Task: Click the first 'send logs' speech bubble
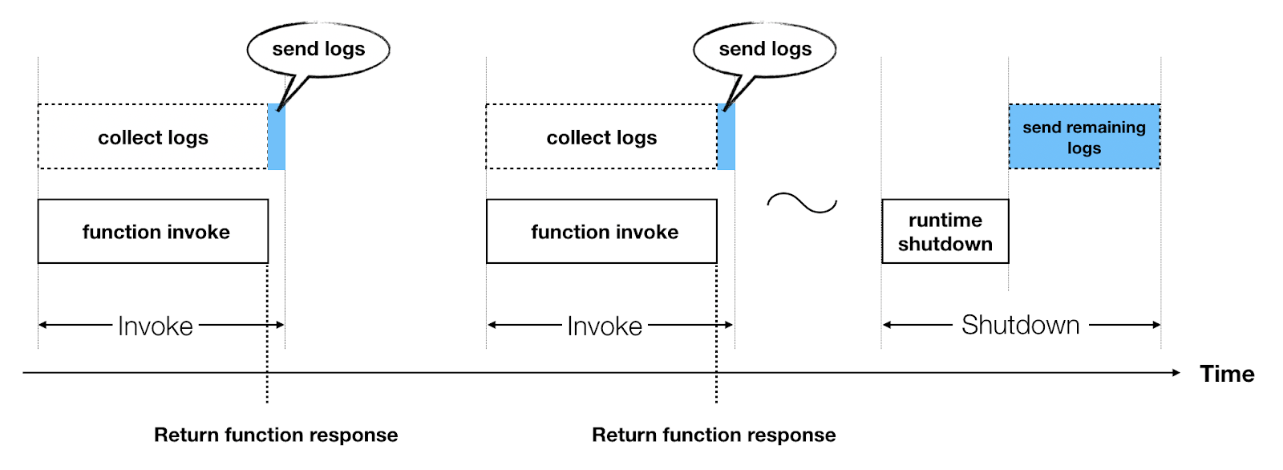[x=318, y=50]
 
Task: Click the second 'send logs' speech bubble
[x=765, y=50]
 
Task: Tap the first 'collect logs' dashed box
[x=152, y=137]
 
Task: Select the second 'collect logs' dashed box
[x=601, y=137]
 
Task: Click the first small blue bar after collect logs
[x=276, y=137]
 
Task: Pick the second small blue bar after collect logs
[x=726, y=137]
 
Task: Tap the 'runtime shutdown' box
[x=945, y=232]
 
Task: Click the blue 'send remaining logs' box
[x=1084, y=137]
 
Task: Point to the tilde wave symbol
[x=802, y=203]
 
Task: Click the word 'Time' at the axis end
[x=1227, y=374]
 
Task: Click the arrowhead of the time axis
[x=1176, y=372]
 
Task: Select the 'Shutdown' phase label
[x=1020, y=325]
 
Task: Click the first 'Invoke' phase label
[x=156, y=326]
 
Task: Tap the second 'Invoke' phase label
[x=605, y=326]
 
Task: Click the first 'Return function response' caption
[x=276, y=435]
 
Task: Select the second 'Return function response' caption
[x=714, y=435]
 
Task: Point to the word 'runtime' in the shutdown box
[x=945, y=221]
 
